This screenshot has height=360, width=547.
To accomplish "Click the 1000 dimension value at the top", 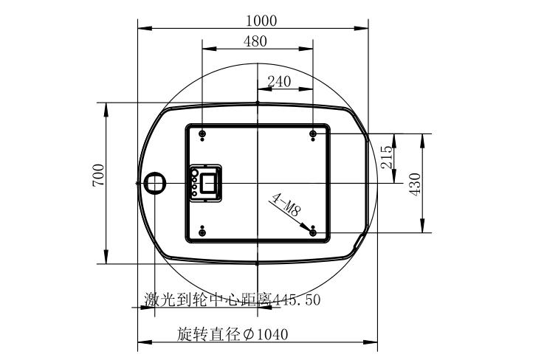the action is [261, 21].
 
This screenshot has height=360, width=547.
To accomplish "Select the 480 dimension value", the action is [255, 41].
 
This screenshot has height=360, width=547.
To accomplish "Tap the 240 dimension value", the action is [279, 82].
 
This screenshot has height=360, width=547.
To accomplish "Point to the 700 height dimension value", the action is [98, 175].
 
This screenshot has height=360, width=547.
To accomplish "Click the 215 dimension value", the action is [387, 157].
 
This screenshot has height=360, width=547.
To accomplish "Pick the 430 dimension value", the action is [416, 184].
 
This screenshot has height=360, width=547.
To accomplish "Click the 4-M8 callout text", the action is [286, 204].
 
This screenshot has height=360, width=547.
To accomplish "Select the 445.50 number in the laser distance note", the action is [296, 300].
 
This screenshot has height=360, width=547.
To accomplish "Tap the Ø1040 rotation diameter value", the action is [266, 335].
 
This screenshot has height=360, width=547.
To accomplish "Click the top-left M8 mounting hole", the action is [202, 134].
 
